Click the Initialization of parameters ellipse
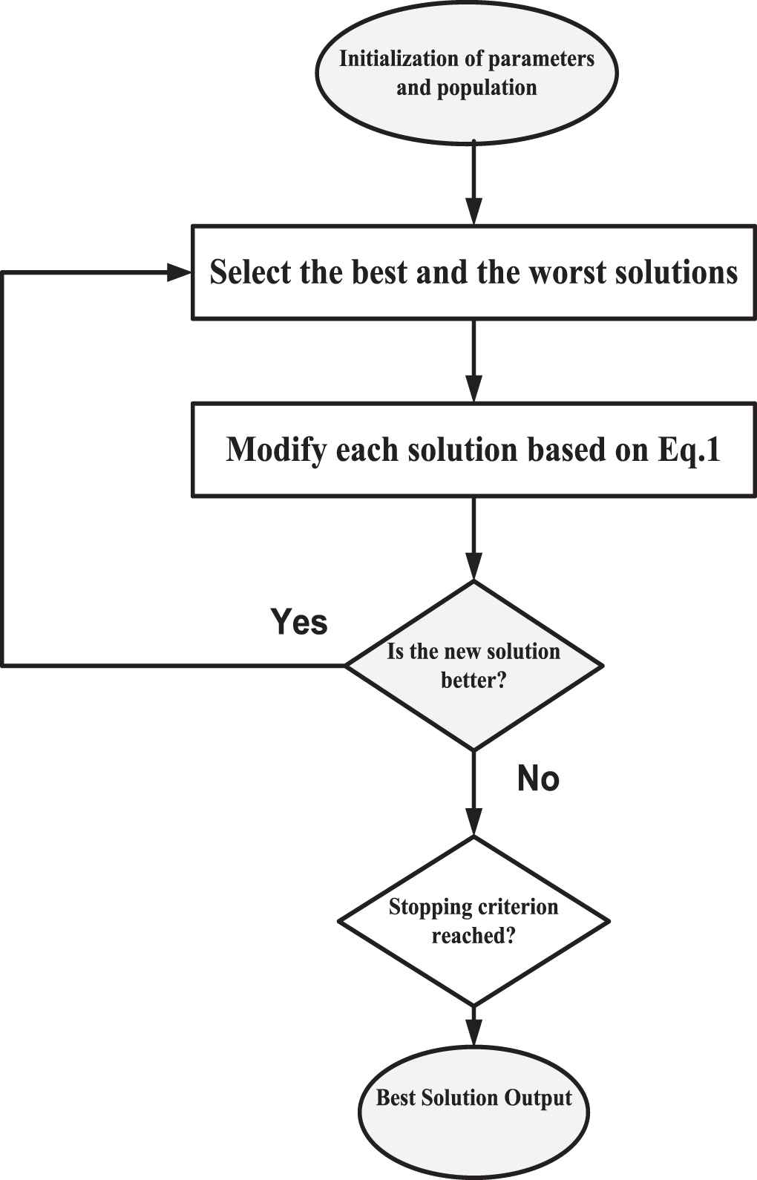[467, 73]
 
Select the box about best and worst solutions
[473, 272]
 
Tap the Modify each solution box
[473, 450]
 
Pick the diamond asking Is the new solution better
[473, 666]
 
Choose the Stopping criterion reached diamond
[473, 921]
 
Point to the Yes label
[298, 621]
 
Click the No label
[538, 779]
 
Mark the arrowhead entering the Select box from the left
[180, 272]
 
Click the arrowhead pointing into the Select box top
[473, 212]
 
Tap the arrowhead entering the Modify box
[473, 390]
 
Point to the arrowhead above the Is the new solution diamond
[473, 567]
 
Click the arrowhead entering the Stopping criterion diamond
[473, 822]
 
